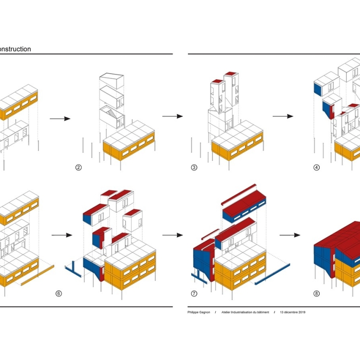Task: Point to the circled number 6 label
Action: (x=59, y=294)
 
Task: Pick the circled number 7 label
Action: (x=194, y=294)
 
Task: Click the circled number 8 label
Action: (x=316, y=294)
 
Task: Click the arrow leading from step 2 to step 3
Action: (x=172, y=116)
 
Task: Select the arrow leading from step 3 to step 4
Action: (x=283, y=116)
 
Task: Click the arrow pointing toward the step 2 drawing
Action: (x=60, y=119)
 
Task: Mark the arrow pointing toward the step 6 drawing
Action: (x=61, y=235)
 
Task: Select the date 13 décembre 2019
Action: (x=292, y=312)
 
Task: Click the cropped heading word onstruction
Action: (x=15, y=49)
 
